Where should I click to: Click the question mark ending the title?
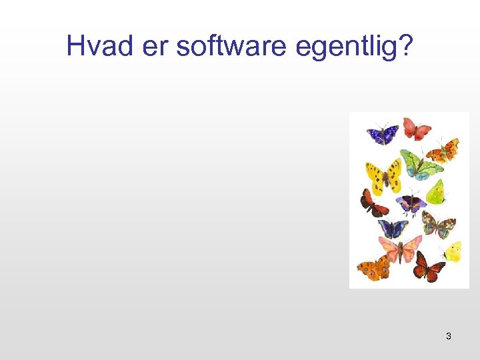coord(405,46)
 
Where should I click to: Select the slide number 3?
coord(448,336)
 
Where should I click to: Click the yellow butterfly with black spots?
coord(383,176)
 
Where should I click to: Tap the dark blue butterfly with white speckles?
coord(383,133)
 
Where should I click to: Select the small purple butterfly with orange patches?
coord(411,204)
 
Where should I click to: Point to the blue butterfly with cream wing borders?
coord(393,229)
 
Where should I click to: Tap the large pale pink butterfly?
coord(402,249)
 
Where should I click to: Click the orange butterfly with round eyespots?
coord(374,268)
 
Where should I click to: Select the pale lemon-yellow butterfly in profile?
coord(453,252)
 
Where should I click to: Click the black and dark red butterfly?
coord(373,203)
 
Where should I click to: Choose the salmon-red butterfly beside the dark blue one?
coord(416,128)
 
